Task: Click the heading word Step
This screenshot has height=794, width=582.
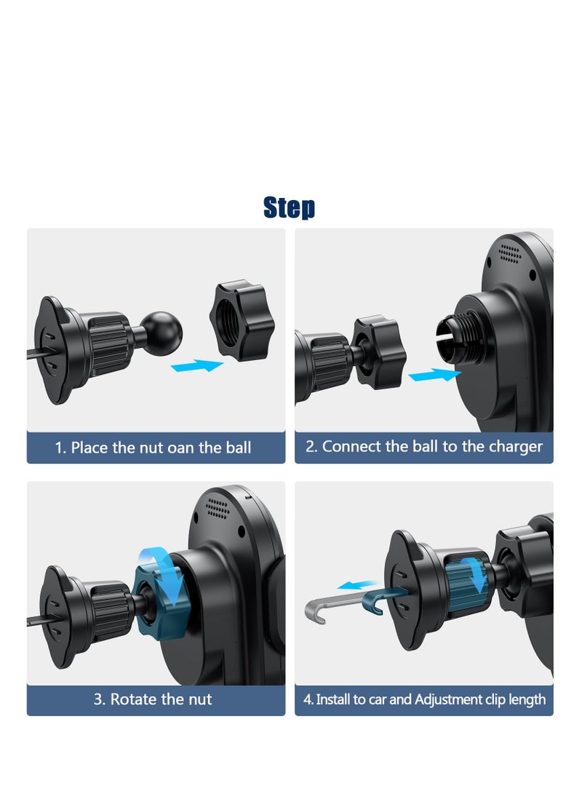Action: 289,207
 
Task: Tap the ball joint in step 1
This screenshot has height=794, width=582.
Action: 161,333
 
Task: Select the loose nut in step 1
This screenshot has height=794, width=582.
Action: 242,320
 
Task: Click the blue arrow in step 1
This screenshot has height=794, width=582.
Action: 197,365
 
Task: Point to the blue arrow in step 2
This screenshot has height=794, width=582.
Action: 434,376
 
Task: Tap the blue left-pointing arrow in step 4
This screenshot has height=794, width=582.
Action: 359,585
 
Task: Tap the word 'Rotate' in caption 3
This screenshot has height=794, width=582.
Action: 134,699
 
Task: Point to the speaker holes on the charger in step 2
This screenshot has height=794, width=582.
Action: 510,254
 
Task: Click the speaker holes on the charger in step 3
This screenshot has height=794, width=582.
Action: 218,507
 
